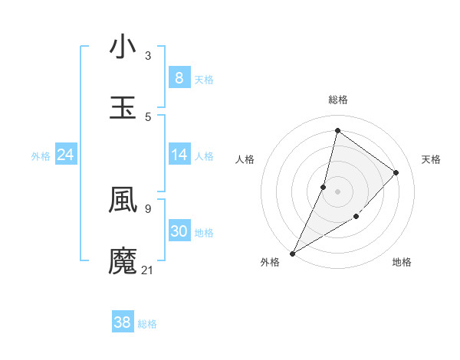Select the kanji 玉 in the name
point(123,107)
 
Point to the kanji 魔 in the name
point(123,260)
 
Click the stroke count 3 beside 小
point(148,56)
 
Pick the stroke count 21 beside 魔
point(148,270)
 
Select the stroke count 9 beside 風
point(148,208)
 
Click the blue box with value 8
point(179,78)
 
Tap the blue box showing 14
point(179,155)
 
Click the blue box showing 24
point(66,155)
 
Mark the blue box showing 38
point(122,322)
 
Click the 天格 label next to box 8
point(204,79)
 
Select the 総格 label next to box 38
point(147,324)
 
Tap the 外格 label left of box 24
point(41,156)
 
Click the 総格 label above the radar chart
point(337,100)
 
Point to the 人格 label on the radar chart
point(245,159)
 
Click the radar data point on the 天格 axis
point(396,172)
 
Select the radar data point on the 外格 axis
point(292,253)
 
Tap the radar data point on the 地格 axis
point(356,218)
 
